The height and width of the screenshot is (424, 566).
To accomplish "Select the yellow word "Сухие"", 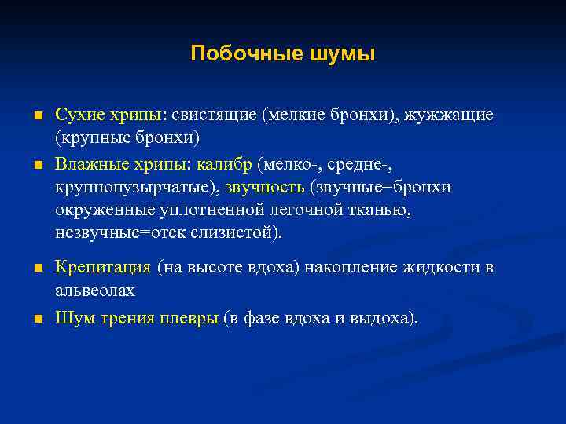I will pos(78,115).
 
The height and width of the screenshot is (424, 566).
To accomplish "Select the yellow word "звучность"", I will pos(265,188).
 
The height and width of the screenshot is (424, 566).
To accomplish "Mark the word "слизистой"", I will pos(233,233).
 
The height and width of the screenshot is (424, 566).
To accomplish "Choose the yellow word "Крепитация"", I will pos(102,268).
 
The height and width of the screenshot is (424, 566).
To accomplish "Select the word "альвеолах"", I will pos(95,291).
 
